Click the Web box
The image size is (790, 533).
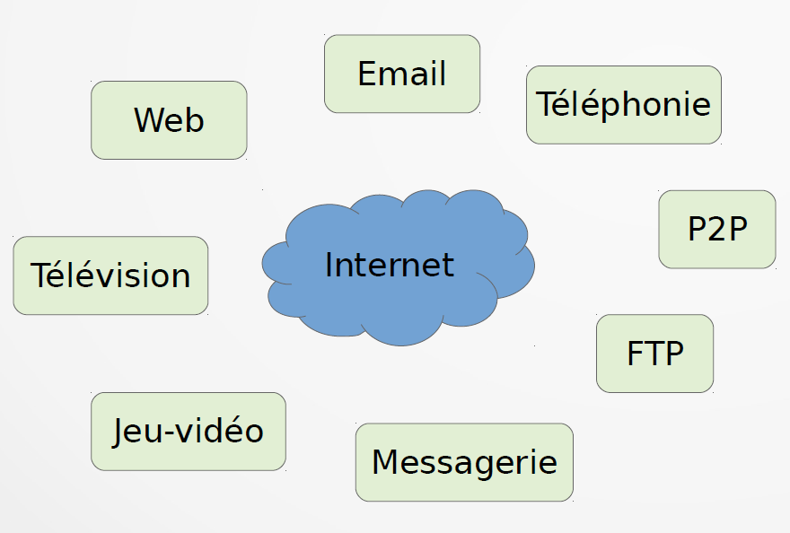pos(169,120)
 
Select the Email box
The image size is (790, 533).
pos(402,74)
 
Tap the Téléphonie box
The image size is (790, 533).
pos(624,104)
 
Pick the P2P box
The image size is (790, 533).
pos(717,230)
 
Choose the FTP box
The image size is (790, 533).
pos(654,354)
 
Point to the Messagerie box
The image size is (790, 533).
pos(464,462)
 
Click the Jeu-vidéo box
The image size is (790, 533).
pos(189,431)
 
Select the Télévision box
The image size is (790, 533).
pos(110,275)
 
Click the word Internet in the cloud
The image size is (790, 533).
pos(390,265)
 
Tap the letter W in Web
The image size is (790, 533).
pos(150,120)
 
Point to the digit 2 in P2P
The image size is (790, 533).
pos(718,230)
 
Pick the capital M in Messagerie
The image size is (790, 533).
pos(385,462)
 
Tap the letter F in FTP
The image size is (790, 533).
pos(634,354)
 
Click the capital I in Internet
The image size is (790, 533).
pos(329,265)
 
